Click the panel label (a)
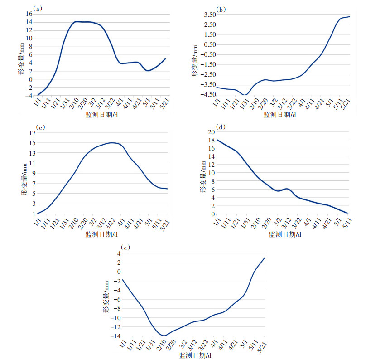pos(38,8)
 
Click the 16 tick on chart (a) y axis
pos(28,14)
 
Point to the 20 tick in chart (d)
pos(212,132)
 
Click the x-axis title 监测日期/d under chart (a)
pos(101,115)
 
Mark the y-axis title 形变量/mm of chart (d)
pos(204,176)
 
